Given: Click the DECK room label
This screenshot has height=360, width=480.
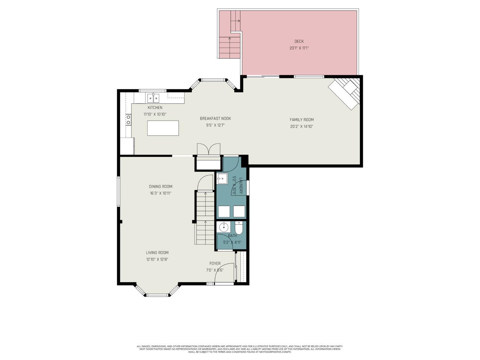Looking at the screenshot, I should (299, 41).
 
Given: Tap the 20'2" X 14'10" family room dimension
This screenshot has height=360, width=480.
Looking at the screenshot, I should (301, 126).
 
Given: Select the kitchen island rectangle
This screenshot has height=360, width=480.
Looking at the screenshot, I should (163, 128).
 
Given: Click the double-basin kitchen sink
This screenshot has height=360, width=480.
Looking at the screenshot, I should (153, 98).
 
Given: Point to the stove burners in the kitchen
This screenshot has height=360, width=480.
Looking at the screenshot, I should (128, 120).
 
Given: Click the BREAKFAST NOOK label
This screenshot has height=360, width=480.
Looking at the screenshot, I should (215, 118).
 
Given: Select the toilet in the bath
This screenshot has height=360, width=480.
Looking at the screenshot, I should (239, 228).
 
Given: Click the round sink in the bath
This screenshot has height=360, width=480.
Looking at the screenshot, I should (223, 228).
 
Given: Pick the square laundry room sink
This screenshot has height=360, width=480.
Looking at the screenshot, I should (222, 179).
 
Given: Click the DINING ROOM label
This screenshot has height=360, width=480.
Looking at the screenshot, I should (161, 187).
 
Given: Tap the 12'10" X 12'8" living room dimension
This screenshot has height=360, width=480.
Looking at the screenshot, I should (157, 260).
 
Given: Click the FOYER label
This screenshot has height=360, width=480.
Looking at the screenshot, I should (215, 263).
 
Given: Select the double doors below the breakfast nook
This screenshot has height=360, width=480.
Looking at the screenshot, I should (209, 149).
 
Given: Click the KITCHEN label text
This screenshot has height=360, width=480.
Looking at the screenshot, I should (155, 108).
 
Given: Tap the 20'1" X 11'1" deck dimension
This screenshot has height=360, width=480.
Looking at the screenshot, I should (299, 48).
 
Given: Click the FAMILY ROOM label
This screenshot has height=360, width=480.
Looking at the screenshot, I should (302, 120).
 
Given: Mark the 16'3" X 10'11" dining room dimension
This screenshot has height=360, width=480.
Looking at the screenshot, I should (161, 193).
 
